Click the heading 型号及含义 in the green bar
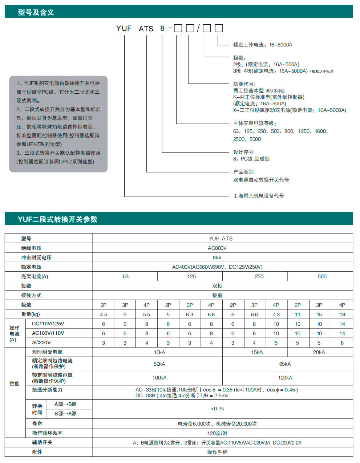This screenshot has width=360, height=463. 36,12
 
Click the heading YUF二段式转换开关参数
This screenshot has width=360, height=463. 57,219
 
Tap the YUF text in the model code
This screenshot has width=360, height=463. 124,28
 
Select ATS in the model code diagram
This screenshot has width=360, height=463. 146,28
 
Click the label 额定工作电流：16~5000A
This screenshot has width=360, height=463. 263,45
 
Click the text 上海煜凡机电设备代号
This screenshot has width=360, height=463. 258,196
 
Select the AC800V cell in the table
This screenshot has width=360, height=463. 217,248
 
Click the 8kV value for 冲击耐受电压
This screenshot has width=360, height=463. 217,257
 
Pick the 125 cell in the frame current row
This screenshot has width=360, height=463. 191,276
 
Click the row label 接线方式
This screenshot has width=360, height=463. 31,295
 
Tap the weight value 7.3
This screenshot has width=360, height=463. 276,314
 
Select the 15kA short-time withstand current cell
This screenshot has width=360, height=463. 257,352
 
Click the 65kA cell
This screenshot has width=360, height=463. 285,364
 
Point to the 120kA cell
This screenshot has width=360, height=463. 285,378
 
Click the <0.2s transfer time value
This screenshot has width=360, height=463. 217,409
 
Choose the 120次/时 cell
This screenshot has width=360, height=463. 217,433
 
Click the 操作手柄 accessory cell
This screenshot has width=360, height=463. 217,452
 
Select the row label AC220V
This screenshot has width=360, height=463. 41,342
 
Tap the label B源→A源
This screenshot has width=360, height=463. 65,414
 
